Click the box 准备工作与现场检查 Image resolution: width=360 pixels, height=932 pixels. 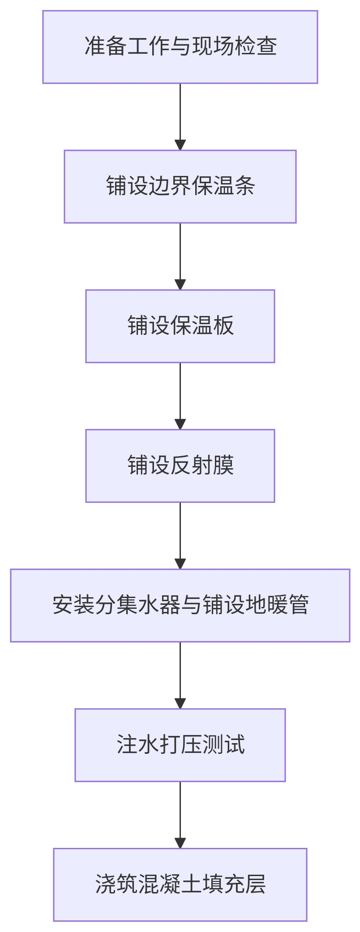180,47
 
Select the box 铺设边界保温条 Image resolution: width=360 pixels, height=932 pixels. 180,186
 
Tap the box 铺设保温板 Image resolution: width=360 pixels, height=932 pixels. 180,326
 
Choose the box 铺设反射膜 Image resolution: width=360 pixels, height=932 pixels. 180,466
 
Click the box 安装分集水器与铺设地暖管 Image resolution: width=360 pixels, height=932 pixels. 180,605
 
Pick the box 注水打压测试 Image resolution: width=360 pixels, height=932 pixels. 180,745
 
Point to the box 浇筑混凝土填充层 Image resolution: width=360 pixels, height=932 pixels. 180,885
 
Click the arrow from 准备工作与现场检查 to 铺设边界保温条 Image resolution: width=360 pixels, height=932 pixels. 180,116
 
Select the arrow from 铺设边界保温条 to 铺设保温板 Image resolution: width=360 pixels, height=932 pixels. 180,256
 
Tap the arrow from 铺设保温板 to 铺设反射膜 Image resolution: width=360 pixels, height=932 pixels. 180,396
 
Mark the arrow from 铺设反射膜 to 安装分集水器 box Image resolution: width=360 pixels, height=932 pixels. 180,535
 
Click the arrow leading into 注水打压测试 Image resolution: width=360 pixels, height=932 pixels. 180,675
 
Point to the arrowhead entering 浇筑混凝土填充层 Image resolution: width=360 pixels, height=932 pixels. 180,843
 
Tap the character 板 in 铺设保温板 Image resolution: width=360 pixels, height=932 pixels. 223,326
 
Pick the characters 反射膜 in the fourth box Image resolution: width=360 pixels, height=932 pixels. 201,466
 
